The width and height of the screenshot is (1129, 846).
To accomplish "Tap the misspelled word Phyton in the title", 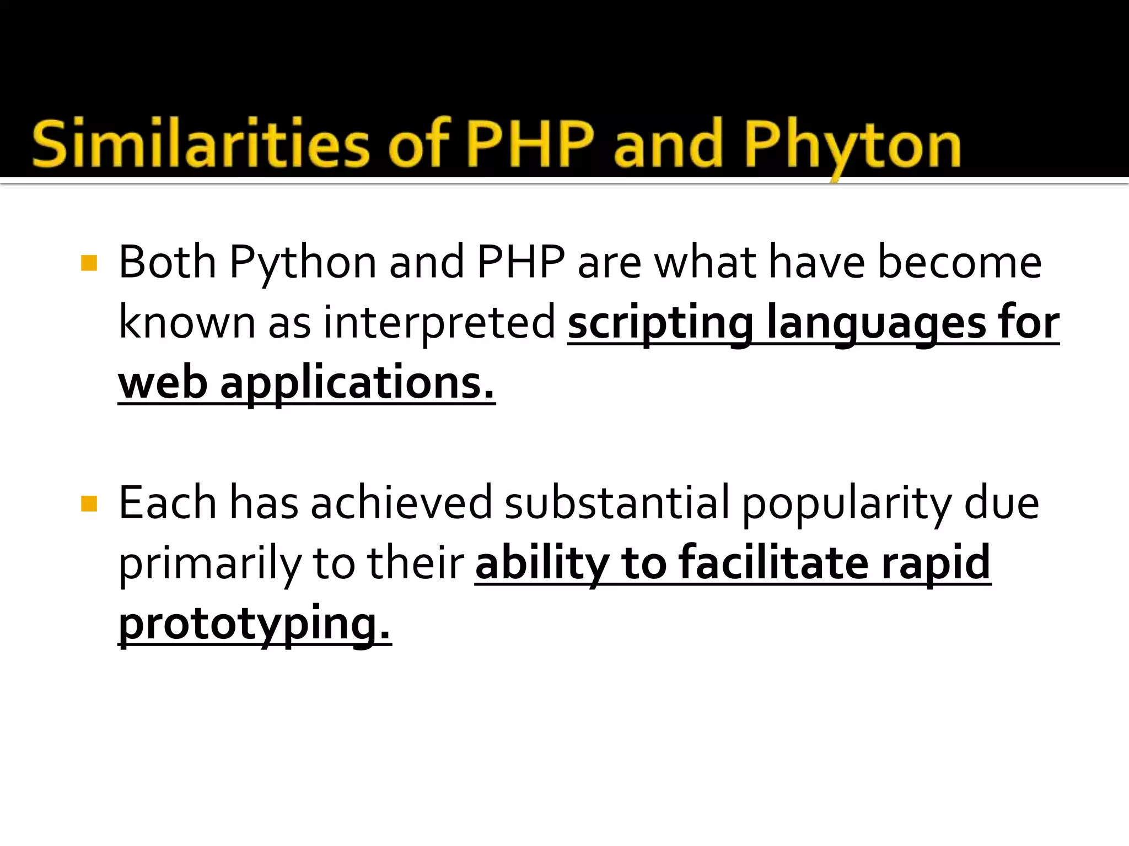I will click(852, 145).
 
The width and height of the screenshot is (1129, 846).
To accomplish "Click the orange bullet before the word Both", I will click(89, 263).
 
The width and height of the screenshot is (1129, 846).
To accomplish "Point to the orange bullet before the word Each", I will click(89, 503).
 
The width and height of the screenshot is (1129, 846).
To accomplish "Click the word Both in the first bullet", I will click(167, 262).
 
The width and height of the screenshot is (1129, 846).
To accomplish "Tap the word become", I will click(959, 262).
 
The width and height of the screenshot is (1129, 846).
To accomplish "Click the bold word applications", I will click(357, 384).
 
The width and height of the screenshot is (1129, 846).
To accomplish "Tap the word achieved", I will click(401, 502).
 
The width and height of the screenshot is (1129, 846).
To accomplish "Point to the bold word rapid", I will click(936, 564).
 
